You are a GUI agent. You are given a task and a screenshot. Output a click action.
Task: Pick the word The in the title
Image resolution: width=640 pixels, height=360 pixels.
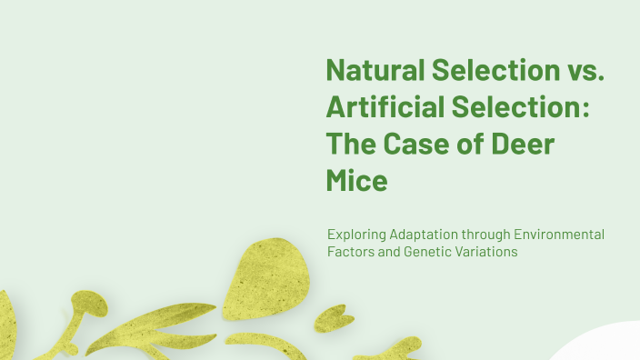pos(353,144)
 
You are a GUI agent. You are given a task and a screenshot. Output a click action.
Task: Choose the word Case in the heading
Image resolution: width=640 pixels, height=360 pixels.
pos(424,144)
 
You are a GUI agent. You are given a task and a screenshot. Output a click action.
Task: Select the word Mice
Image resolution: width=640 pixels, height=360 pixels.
pos(357,180)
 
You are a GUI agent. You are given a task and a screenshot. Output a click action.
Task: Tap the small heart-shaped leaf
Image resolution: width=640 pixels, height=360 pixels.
pos(334,317)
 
